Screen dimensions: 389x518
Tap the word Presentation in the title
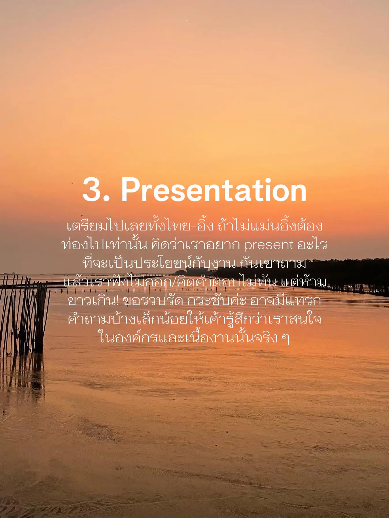click(x=214, y=190)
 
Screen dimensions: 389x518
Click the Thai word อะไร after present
click(x=312, y=244)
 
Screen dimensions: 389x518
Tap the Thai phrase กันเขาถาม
click(x=273, y=263)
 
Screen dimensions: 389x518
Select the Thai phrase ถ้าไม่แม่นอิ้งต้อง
click(x=270, y=225)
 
